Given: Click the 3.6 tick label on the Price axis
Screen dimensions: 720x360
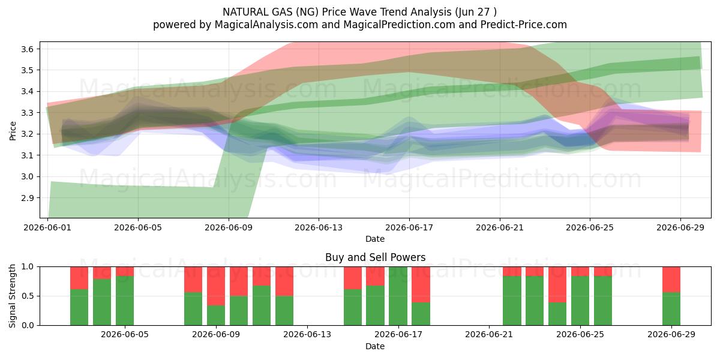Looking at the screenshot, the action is click(27, 49).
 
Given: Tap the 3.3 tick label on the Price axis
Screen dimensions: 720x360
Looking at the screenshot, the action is click(27, 113).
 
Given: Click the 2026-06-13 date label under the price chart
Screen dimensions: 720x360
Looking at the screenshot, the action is click(319, 227).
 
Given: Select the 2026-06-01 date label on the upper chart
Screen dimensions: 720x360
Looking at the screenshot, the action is click(47, 227).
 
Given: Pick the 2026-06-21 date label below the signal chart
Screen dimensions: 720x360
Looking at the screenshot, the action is click(489, 334).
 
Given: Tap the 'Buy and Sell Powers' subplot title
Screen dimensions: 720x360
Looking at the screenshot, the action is click(375, 257).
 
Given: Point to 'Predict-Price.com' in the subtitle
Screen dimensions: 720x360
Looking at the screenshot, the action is click(524, 25).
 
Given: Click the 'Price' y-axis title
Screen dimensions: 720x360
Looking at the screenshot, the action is click(13, 131).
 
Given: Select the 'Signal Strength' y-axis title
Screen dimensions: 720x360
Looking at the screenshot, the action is click(12, 296).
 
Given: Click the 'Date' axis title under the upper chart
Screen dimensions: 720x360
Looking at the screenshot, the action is click(375, 239).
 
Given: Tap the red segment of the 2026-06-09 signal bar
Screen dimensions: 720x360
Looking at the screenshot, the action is click(216, 286).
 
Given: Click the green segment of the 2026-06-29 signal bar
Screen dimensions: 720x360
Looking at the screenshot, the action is click(671, 309).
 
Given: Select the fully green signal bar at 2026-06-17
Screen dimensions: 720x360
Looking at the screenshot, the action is click(398, 296).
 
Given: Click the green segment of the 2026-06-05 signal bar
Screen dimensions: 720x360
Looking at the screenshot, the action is click(125, 301).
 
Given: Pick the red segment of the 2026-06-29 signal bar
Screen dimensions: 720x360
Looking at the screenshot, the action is click(671, 280).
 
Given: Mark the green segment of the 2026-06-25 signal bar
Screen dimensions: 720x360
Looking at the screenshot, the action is click(580, 301).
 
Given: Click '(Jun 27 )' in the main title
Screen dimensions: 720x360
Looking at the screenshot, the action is click(476, 12).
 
